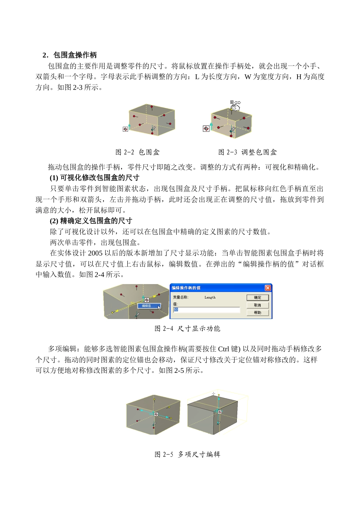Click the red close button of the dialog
[x=268, y=288]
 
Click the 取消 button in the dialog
[x=257, y=305]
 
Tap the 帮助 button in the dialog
[x=257, y=313]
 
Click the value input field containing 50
[x=207, y=310]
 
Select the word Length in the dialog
[x=210, y=297]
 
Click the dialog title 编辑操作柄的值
[x=186, y=288]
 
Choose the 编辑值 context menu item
[x=147, y=306]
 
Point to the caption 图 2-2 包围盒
[x=138, y=152]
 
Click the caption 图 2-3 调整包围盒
[x=247, y=152]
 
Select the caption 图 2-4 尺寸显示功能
[x=187, y=328]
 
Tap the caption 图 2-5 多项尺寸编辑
[x=187, y=454]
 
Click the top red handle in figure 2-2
[x=151, y=107]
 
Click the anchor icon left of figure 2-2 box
[x=125, y=129]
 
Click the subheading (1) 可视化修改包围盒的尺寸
[x=95, y=178]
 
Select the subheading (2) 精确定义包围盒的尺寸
[x=91, y=221]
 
